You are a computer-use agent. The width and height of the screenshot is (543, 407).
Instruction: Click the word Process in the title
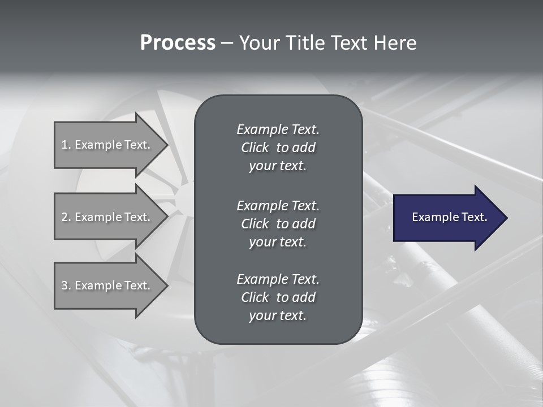(x=178, y=43)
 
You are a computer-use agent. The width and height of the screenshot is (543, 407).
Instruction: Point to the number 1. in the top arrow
(x=66, y=145)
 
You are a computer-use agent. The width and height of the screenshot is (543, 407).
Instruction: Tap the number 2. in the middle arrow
(x=66, y=217)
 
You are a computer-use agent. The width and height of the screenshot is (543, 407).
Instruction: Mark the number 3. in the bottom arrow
(x=66, y=285)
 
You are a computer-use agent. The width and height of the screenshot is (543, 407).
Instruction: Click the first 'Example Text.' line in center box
(x=278, y=129)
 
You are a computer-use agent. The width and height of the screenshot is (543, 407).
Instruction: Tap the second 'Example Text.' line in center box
(x=278, y=205)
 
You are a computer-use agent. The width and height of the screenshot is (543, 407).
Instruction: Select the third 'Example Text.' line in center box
(x=278, y=279)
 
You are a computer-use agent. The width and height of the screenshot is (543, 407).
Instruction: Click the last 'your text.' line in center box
(x=278, y=316)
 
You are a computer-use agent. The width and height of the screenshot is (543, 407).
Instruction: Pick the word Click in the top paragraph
(x=255, y=148)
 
